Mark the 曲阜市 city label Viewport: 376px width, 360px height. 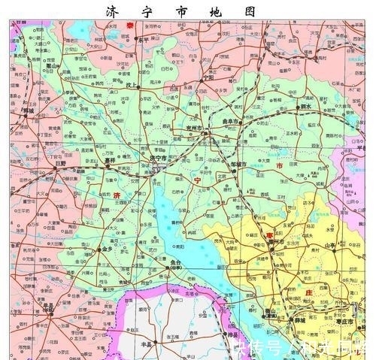click(x=229, y=120)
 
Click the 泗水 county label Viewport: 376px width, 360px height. click(x=305, y=108)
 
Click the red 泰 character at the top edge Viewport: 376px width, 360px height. click(x=129, y=26)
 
